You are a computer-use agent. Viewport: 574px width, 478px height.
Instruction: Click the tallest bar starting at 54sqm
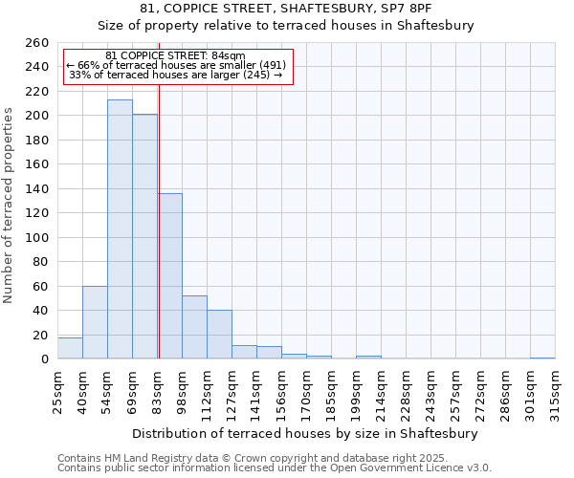click(120, 229)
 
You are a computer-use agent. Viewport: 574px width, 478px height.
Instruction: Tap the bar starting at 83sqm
click(170, 276)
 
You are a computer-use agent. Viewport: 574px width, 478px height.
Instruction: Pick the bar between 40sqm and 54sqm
click(95, 322)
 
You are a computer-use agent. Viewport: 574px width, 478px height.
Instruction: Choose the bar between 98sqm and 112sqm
click(194, 327)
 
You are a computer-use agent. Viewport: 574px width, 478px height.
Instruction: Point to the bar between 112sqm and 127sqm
click(219, 335)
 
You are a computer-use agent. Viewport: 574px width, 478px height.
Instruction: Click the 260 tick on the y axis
click(36, 43)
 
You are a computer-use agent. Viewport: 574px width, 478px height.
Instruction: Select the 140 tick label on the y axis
click(36, 189)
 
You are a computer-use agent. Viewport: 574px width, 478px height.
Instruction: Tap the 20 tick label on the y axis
click(40, 336)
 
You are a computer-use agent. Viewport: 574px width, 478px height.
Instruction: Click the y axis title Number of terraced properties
click(10, 206)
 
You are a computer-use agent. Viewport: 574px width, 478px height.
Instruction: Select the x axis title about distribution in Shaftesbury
click(305, 433)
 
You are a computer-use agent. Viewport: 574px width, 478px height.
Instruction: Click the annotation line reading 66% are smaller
click(176, 65)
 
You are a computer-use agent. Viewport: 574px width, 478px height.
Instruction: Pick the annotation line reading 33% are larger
click(176, 76)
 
